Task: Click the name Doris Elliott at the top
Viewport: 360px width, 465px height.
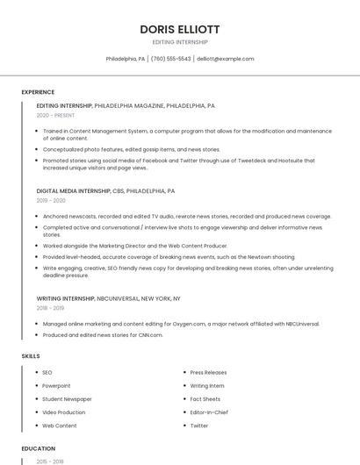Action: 180,29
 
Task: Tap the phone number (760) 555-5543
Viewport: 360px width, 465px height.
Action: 170,59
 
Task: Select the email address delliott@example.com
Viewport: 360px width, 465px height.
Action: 226,59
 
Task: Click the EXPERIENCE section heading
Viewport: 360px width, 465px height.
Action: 38,92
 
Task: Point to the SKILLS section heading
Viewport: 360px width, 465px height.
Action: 31,356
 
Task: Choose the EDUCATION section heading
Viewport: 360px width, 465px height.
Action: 38,448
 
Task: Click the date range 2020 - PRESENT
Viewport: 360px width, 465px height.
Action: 56,115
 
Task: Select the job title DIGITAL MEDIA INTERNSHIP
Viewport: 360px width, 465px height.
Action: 74,190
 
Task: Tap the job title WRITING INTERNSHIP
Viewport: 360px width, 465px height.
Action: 66,298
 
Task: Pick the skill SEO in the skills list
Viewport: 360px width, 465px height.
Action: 47,373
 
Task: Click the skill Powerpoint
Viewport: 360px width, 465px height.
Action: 56,386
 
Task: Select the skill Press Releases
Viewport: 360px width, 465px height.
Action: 208,373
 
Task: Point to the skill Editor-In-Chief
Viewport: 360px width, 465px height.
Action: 209,412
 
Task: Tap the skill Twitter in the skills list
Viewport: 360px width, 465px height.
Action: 199,426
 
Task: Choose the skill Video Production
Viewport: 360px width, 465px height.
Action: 64,412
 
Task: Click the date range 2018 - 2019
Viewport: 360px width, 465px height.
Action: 51,308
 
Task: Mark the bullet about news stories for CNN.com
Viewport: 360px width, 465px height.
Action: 103,334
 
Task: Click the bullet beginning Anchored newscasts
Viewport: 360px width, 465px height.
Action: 186,216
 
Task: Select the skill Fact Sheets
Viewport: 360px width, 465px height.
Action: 205,399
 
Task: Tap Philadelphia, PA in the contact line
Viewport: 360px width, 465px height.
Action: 126,59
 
